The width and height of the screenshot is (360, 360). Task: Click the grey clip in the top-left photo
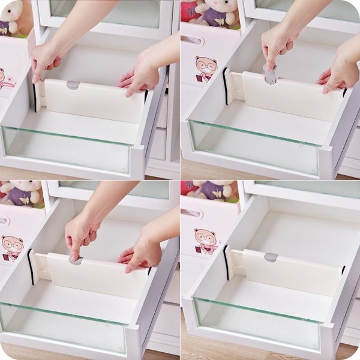coord(73,85)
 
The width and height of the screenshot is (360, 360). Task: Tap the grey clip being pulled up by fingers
coord(270,76)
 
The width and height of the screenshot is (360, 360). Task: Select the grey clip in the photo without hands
coord(271,257)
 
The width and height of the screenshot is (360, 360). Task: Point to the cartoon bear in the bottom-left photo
coord(11,247)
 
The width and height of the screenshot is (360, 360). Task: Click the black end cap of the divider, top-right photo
coord(226,86)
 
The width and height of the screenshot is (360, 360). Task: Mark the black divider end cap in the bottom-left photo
coord(31,266)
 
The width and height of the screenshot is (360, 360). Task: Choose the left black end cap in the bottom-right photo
coord(226,263)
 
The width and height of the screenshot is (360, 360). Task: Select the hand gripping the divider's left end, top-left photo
coord(46,59)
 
